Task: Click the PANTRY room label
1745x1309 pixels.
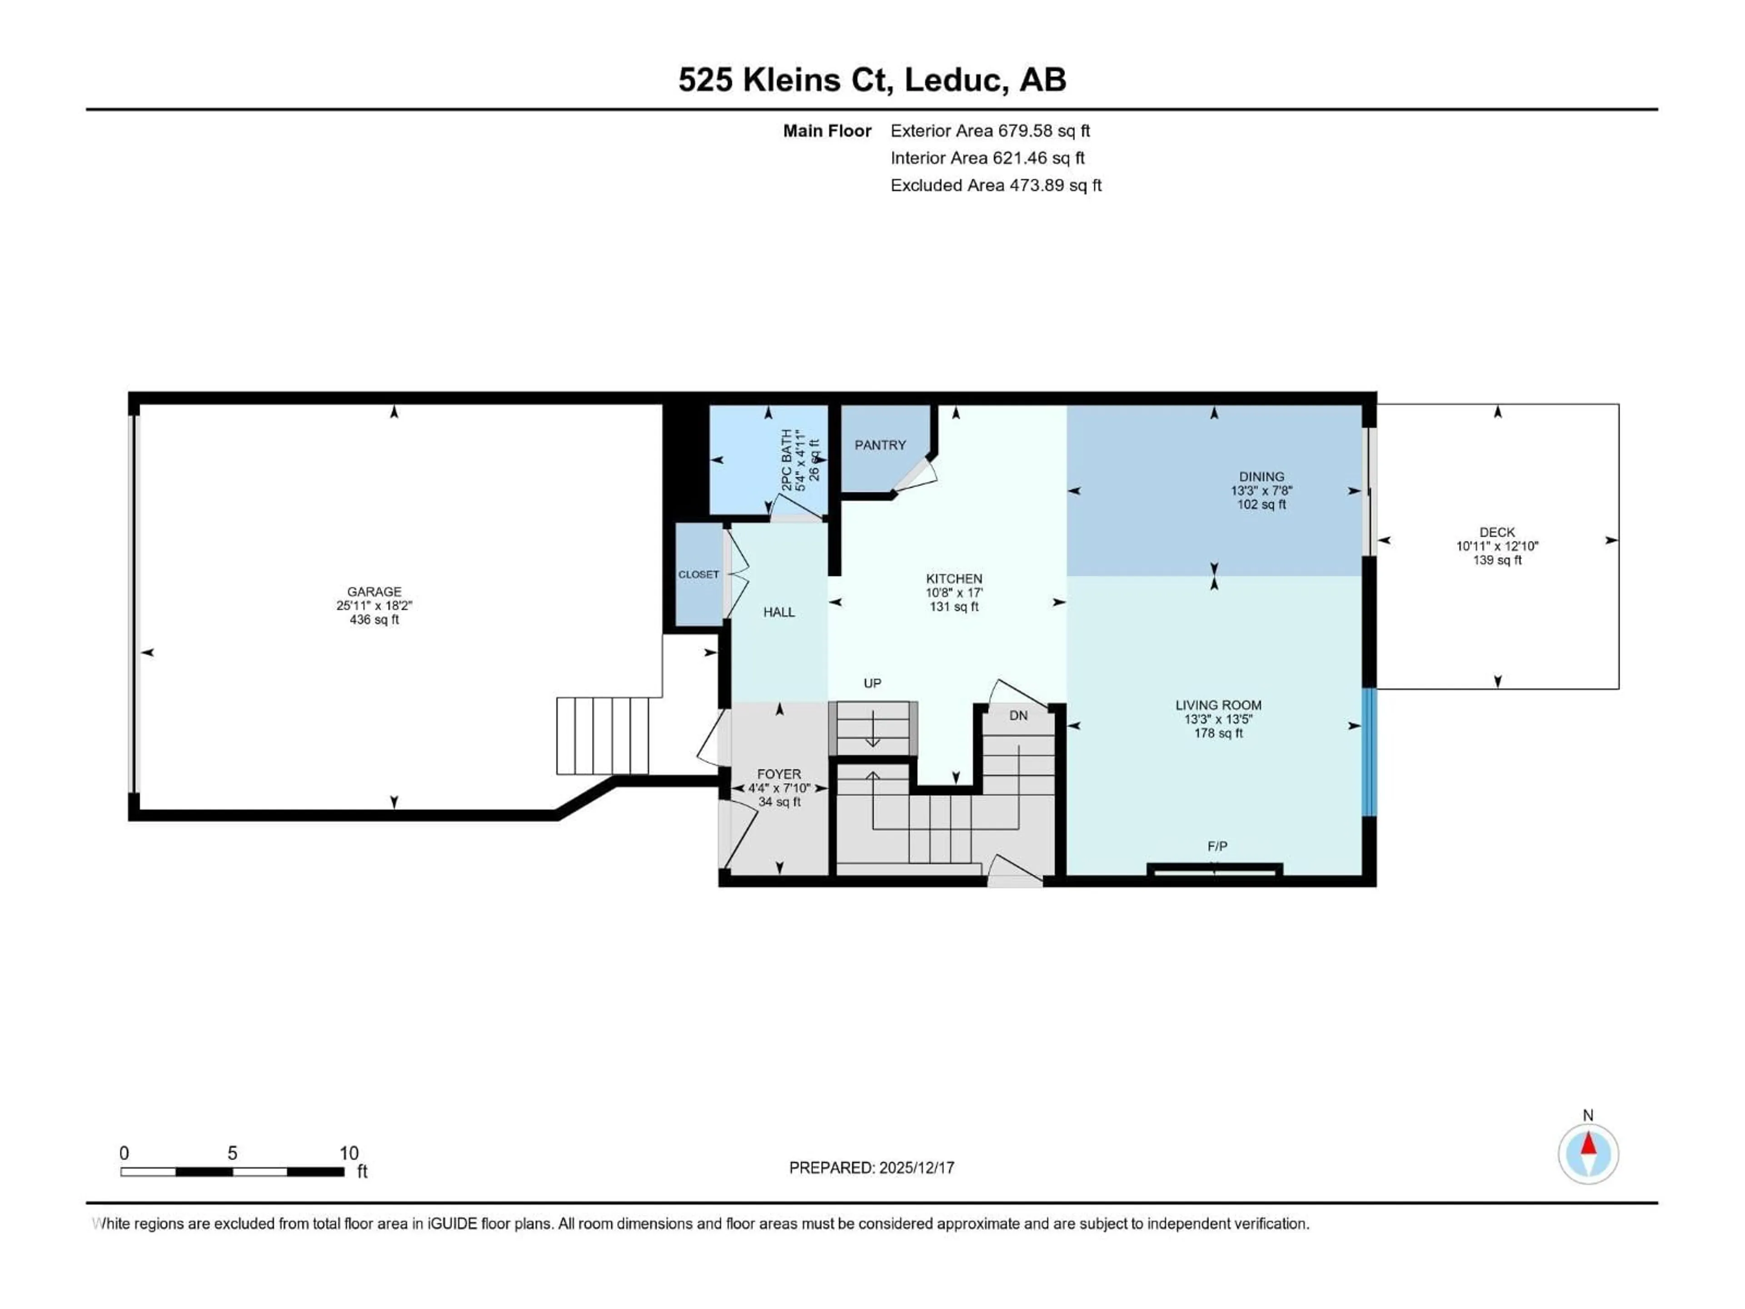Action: click(880, 445)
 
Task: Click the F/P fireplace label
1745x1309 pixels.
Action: click(1217, 847)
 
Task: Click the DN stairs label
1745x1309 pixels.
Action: click(1018, 716)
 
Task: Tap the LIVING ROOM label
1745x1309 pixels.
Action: click(1218, 705)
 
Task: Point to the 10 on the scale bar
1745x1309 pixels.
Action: click(349, 1154)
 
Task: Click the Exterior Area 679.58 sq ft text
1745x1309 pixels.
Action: click(990, 131)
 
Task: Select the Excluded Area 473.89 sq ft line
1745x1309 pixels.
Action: click(996, 185)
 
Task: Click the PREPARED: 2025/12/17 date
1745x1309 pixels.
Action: click(872, 1168)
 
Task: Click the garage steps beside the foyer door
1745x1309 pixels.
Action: click(603, 735)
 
